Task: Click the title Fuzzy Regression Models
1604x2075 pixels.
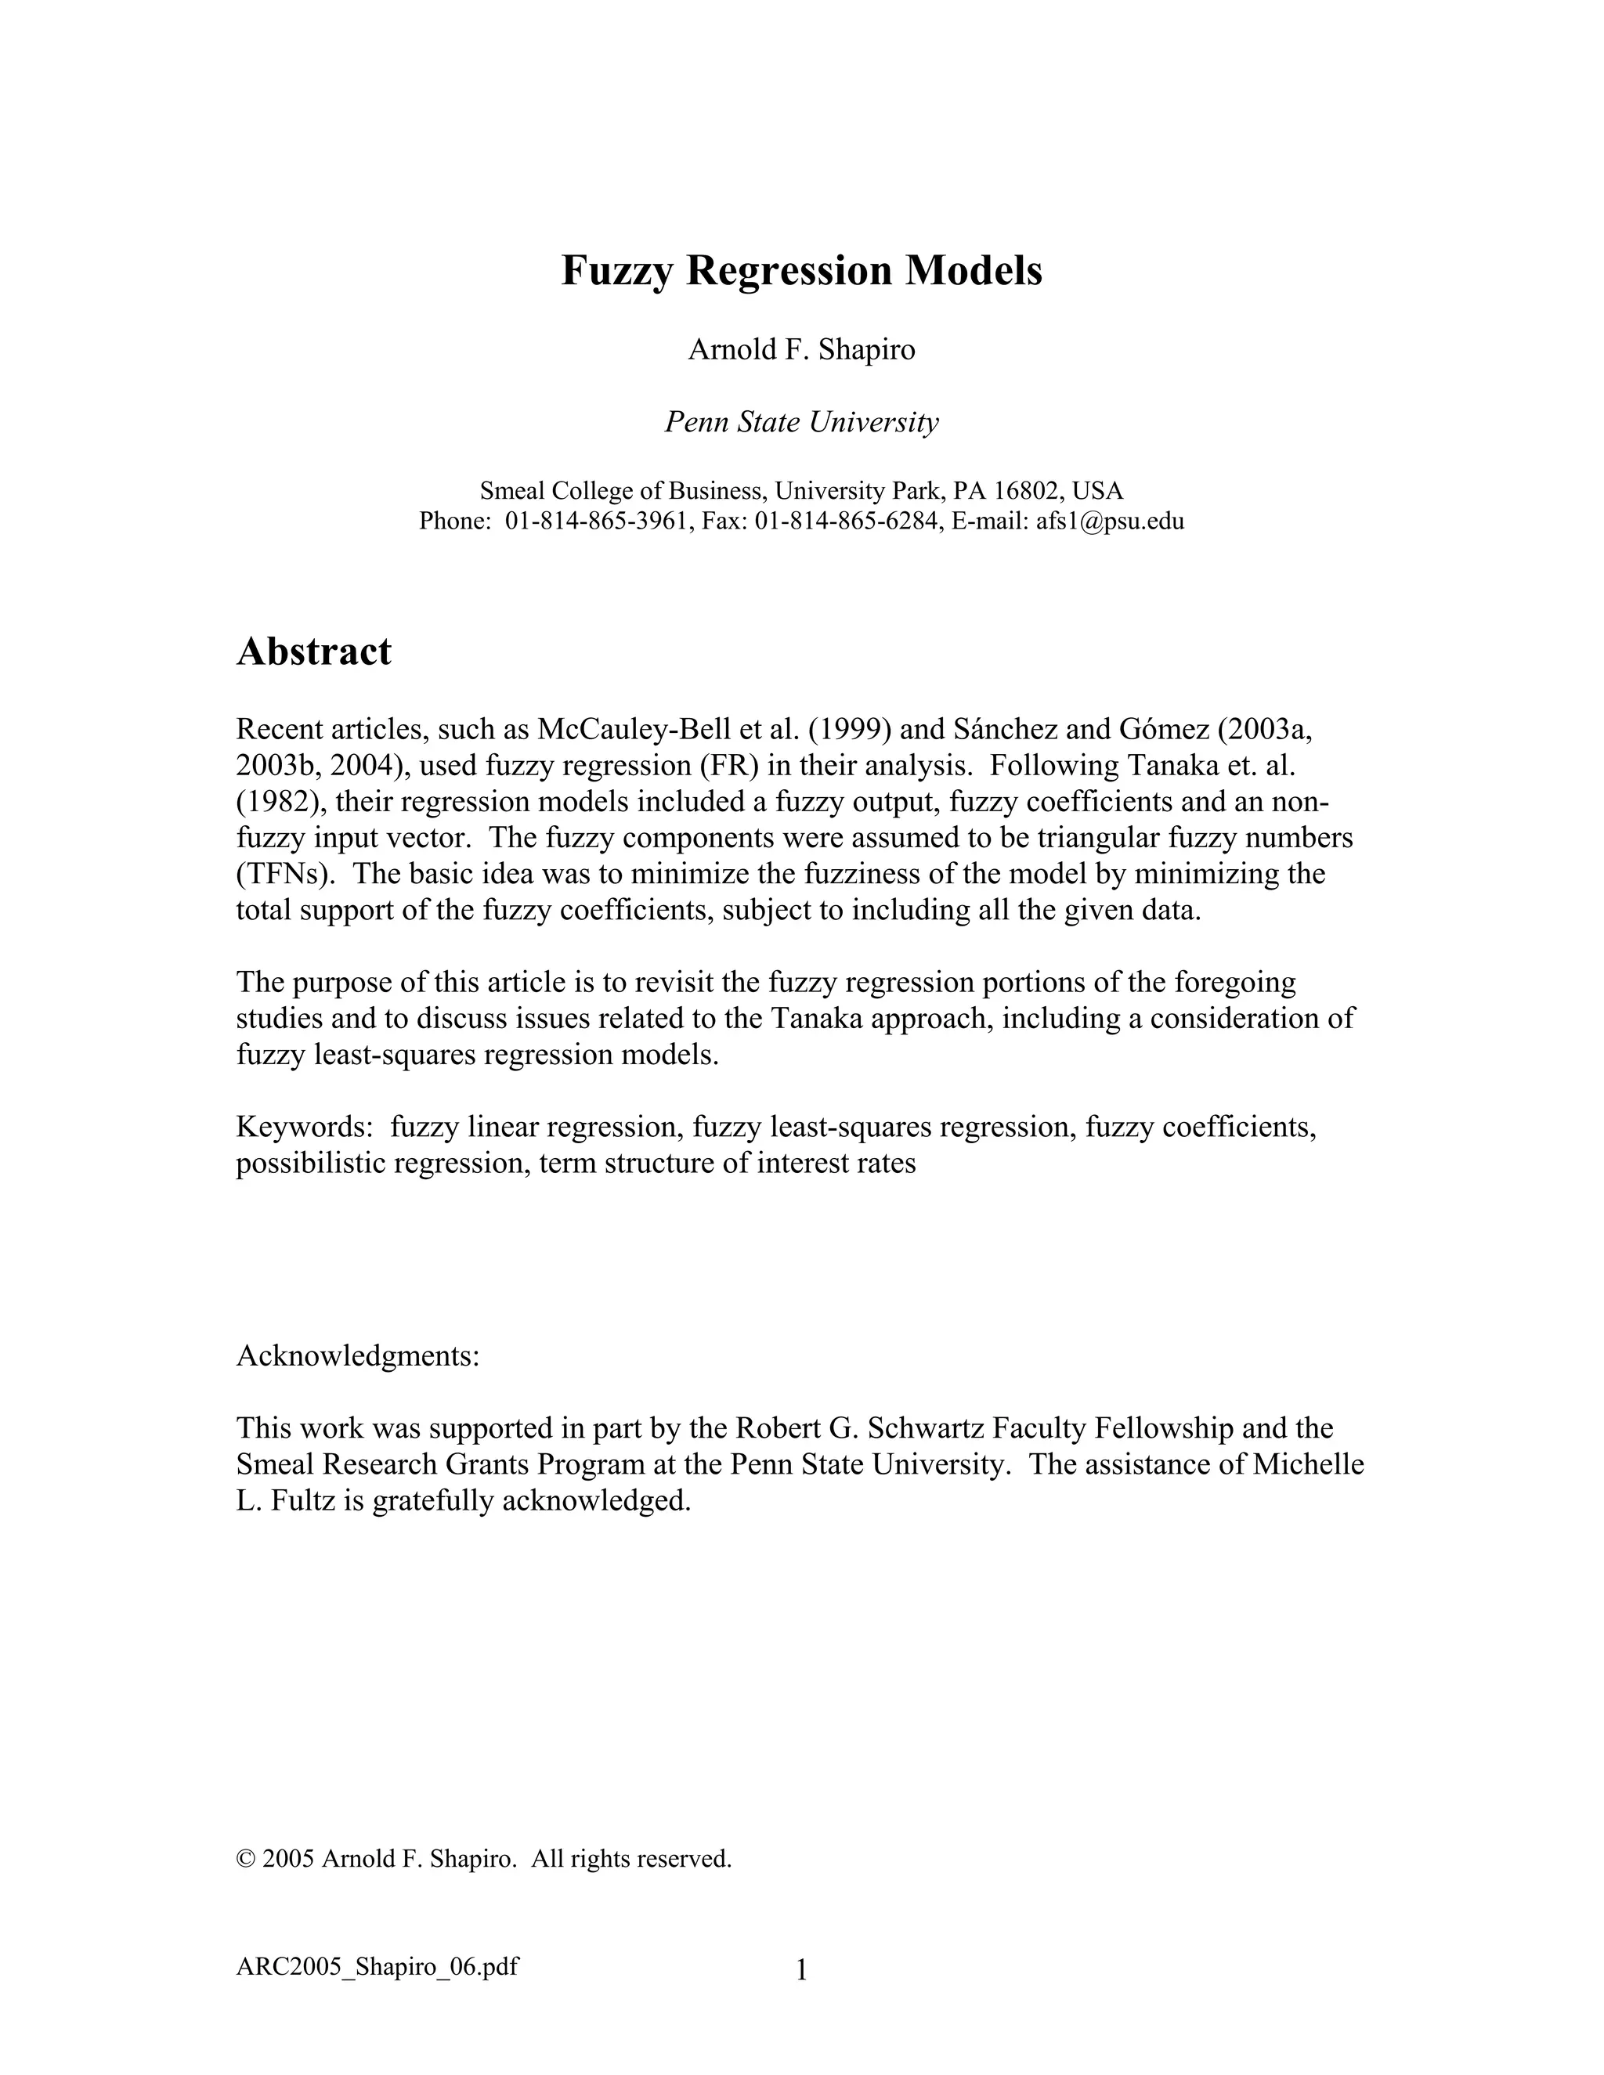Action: pos(801,271)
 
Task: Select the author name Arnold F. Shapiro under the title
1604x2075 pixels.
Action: pos(801,350)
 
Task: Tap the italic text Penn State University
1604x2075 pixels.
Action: pos(801,422)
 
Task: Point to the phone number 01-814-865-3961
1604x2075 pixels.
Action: pos(596,521)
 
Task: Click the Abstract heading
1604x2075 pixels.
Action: pos(313,651)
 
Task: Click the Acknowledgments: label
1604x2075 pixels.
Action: pos(358,1355)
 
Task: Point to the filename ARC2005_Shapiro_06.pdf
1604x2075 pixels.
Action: pos(378,1965)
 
